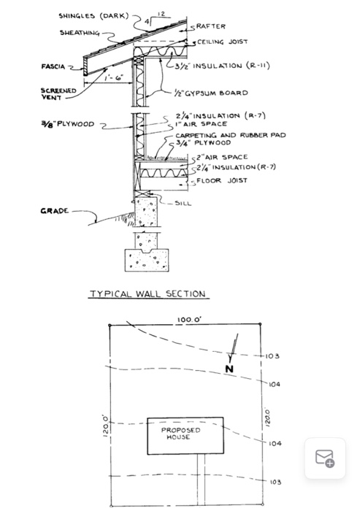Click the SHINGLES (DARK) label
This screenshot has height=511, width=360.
pos(93,15)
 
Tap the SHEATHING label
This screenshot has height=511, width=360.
pos(78,32)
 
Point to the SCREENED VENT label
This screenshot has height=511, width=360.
pos(53,95)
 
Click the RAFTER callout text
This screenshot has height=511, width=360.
pos(211,27)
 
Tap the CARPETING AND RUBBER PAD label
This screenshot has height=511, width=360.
pos(231,135)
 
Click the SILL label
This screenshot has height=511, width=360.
pos(183,203)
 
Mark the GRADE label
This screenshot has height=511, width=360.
pos(55,211)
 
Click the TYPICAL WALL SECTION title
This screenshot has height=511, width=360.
pos(148,294)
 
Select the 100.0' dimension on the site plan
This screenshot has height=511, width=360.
pos(189,320)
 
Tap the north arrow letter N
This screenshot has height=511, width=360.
pos(229,369)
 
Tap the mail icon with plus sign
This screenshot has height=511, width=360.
pos(325,458)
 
